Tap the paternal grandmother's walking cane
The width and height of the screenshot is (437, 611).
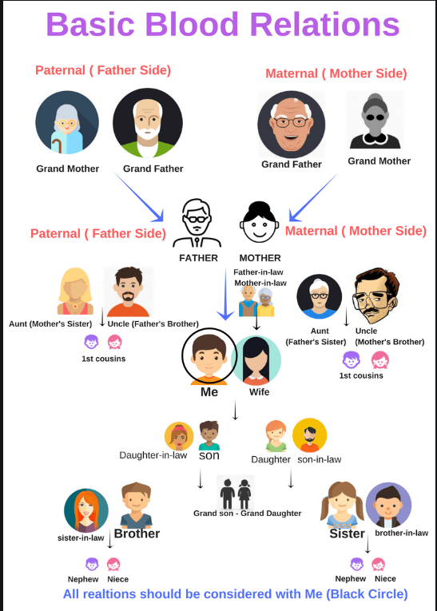point(57,145)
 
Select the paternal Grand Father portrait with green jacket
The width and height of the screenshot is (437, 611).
point(148,123)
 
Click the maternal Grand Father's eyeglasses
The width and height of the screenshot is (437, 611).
point(291,122)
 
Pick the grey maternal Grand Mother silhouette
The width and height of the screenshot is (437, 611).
point(375,121)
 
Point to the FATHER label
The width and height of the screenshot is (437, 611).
point(198,258)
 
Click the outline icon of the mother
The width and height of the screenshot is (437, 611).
point(259,222)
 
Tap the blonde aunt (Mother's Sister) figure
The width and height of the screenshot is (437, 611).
point(75,291)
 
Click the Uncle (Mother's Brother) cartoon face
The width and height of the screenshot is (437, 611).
point(375,295)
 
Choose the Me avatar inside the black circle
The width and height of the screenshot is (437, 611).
point(209,356)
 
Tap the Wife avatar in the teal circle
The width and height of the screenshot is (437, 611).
point(256,360)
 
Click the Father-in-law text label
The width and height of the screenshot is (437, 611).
point(258,272)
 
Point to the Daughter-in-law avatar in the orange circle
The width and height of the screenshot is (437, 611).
point(179,436)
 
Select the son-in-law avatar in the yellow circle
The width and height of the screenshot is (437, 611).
point(309,435)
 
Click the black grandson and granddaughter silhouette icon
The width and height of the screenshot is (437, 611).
point(236,493)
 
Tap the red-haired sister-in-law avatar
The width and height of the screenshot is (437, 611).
point(86,511)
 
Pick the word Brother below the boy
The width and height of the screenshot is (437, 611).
point(137,534)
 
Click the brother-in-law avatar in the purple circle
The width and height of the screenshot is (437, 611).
point(388,506)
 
